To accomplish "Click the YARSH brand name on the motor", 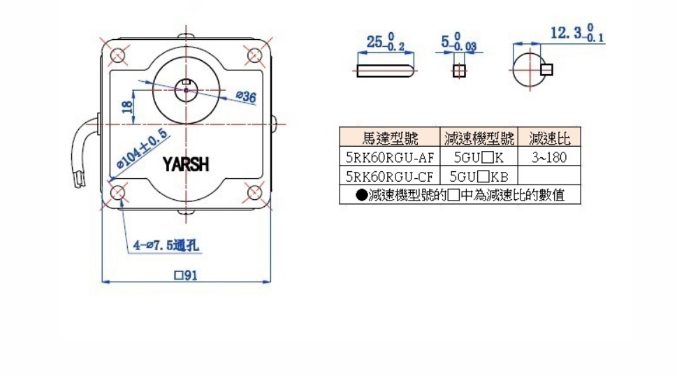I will [x=185, y=165].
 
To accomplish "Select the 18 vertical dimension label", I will [x=126, y=106].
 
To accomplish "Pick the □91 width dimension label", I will [x=187, y=275].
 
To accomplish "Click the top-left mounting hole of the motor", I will [x=117, y=55].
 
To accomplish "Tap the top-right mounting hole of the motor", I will [x=255, y=55].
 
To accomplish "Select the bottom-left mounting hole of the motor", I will [x=117, y=191].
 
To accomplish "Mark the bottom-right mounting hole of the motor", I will [x=255, y=191].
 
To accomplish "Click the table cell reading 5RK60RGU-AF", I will [x=390, y=157].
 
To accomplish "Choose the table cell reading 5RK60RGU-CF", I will [x=390, y=175].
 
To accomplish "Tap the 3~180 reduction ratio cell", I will [x=548, y=157].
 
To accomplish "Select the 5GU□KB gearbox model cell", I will [x=479, y=175].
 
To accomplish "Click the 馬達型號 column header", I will [x=390, y=138].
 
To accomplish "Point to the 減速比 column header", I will [x=549, y=138].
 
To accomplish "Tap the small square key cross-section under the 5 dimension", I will [x=458, y=70].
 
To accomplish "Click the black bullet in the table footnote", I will [x=361, y=196].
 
